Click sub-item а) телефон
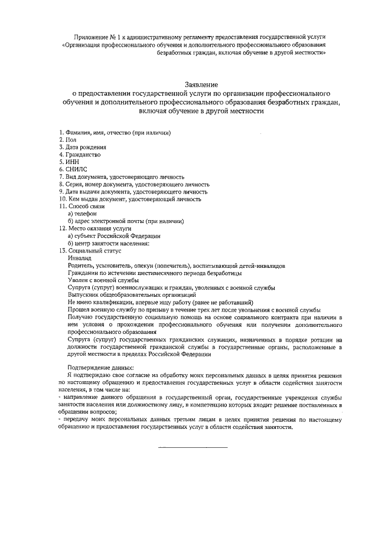[x=82, y=214]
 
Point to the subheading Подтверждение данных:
[x=100, y=368]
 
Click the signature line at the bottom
[x=193, y=447]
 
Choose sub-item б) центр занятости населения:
[x=109, y=243]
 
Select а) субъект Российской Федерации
[x=114, y=235]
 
